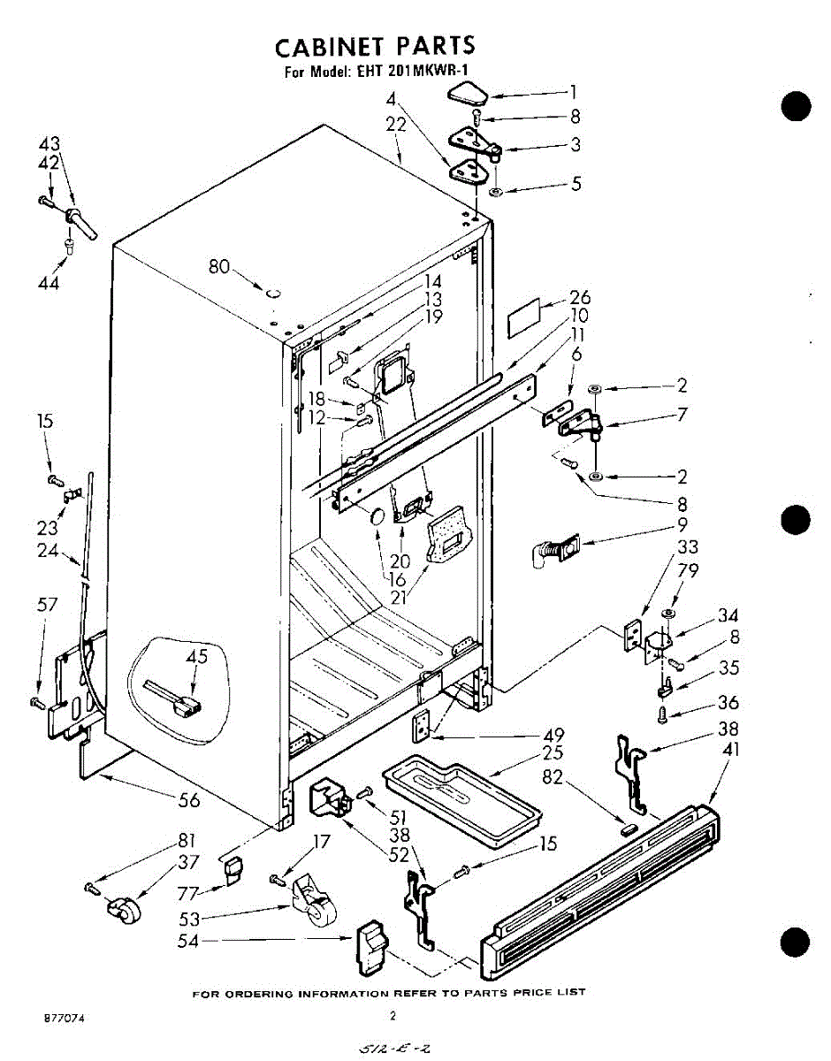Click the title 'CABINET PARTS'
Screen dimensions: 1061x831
click(375, 46)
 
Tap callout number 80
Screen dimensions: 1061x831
click(220, 265)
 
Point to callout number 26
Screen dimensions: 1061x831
click(580, 297)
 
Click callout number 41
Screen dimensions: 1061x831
click(731, 751)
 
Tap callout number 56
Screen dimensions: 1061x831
click(188, 800)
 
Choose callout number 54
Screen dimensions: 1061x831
click(187, 943)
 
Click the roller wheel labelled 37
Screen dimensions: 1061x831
click(124, 909)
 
